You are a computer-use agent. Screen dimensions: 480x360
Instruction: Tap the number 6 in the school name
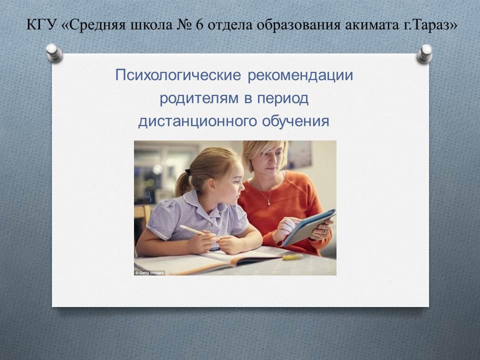pyautogui.click(x=199, y=25)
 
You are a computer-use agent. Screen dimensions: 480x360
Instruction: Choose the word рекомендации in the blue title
pyautogui.click(x=300, y=75)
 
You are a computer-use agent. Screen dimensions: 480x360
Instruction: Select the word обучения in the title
pyautogui.click(x=295, y=121)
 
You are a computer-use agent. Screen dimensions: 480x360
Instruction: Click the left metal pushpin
pyautogui.click(x=54, y=52)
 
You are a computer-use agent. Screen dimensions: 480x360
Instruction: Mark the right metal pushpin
pyautogui.click(x=425, y=53)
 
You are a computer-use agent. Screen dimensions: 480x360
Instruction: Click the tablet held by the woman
pyautogui.click(x=309, y=226)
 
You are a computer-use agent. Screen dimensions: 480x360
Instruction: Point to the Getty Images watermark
pyautogui.click(x=149, y=273)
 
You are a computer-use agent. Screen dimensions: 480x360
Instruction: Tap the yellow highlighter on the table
pyautogui.click(x=292, y=257)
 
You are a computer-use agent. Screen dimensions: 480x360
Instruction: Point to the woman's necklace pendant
pyautogui.click(x=268, y=202)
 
